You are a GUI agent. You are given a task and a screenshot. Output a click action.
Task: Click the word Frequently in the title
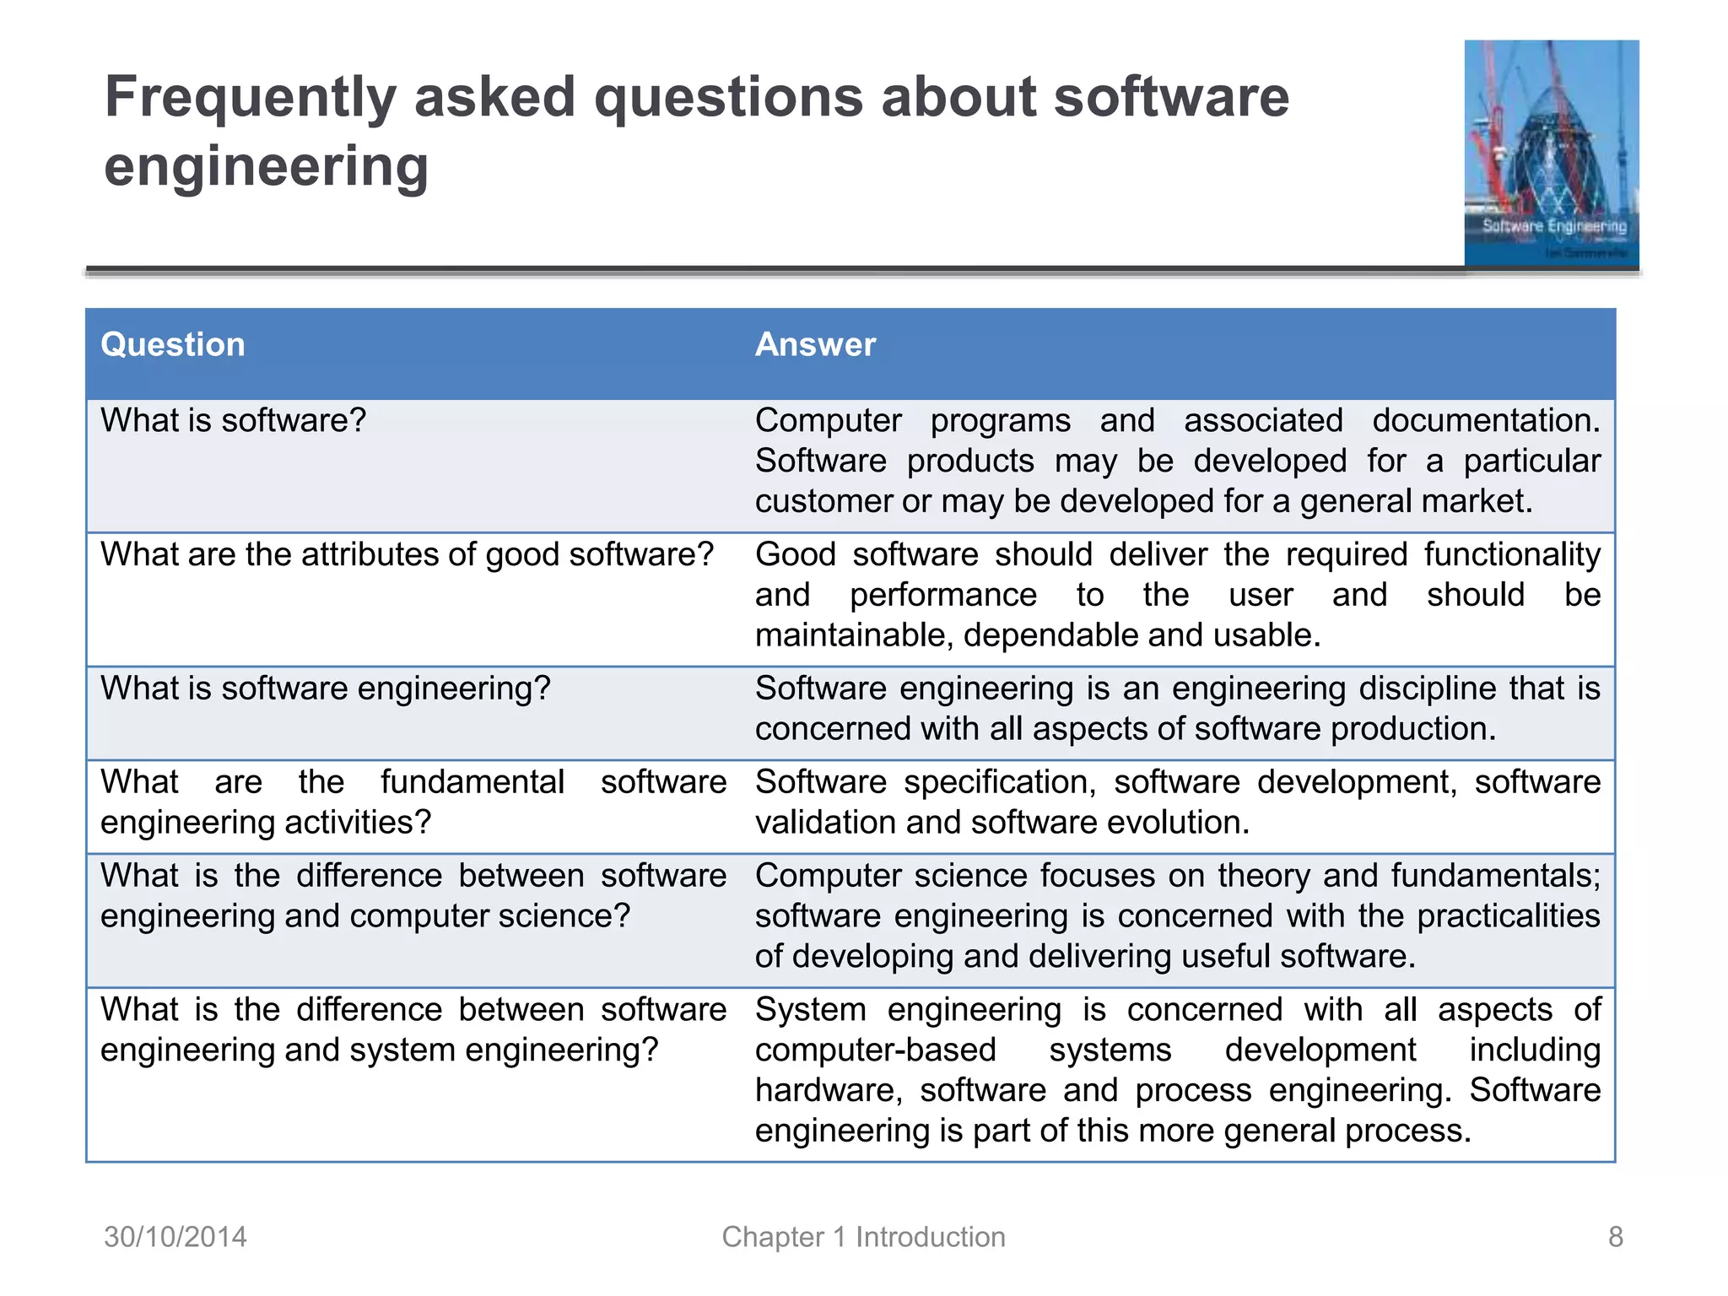coord(250,98)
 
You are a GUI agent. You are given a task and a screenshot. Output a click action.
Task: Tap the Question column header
coord(172,345)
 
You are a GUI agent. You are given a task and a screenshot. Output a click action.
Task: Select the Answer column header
coord(815,345)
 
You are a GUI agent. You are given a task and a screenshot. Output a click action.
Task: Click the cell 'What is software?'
coord(234,420)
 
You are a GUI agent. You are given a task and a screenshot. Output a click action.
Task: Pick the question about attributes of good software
coord(407,554)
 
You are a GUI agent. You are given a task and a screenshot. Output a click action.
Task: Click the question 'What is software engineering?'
coord(325,688)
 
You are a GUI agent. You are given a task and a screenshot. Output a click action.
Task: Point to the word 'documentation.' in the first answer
coord(1486,420)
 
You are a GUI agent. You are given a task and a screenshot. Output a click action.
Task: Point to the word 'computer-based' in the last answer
coord(875,1050)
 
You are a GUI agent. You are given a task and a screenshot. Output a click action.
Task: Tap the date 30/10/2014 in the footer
coord(175,1237)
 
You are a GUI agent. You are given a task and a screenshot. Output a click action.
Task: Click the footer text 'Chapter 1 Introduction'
coord(863,1237)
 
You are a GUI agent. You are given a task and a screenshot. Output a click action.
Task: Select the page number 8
coord(1615,1237)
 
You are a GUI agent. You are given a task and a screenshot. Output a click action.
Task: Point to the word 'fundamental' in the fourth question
coord(472,782)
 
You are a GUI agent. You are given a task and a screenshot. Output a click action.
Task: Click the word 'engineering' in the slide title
coord(266,166)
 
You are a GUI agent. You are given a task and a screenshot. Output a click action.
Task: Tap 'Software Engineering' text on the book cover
coord(1554,226)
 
